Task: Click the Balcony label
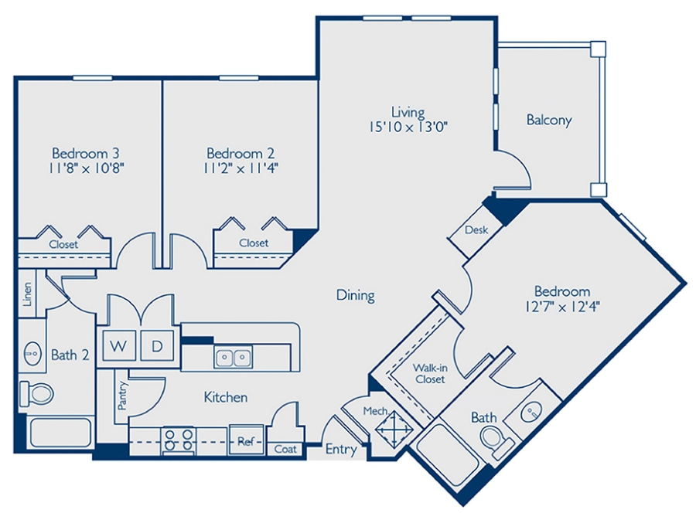548,120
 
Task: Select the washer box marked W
118,346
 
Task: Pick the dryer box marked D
157,346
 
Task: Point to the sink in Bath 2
32,355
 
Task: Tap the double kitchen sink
232,357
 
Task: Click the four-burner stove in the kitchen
179,441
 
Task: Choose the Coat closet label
285,447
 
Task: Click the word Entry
340,449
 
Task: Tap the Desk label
475,230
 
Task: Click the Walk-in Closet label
428,373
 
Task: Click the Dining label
356,294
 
